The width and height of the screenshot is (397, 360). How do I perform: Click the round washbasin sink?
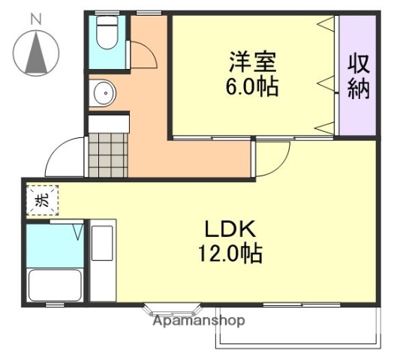pos(103,94)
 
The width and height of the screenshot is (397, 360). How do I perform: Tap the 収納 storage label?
pos(357,75)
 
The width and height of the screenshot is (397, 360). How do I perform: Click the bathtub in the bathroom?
pos(54,286)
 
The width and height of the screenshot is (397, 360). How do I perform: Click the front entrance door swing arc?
pos(64,157)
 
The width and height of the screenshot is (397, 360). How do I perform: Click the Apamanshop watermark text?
pos(198,321)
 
